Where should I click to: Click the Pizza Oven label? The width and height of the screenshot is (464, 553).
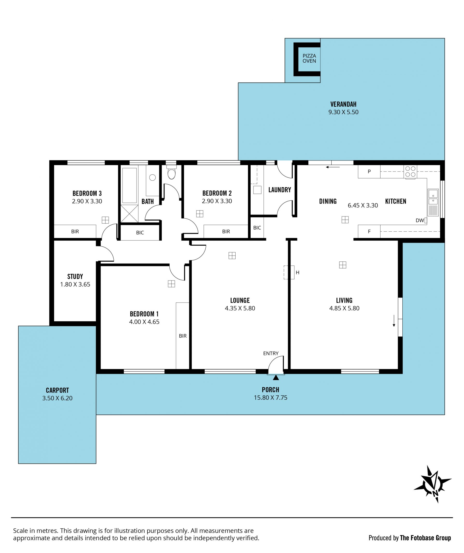point(309,58)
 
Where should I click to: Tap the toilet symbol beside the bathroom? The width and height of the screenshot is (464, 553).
point(171,172)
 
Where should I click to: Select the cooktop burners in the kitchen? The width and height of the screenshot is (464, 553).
point(410,171)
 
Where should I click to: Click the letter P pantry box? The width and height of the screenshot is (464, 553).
point(369,171)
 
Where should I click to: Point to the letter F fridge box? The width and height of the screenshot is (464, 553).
point(369,231)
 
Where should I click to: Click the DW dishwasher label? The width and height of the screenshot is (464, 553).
point(420,221)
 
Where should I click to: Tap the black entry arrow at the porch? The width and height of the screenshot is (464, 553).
point(275,377)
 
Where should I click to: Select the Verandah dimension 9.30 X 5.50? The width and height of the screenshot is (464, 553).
point(343,112)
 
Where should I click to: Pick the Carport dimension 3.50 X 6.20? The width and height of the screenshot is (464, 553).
point(57,398)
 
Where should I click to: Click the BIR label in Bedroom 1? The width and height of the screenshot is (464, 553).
point(183,336)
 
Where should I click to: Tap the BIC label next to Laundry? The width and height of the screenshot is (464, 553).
point(257,228)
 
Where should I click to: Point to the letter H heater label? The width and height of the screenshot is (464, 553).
point(297,272)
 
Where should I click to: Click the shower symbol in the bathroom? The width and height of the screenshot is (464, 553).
point(129,214)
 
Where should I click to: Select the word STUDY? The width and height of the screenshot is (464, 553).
point(75,277)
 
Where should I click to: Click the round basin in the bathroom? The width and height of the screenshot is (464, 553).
point(152,177)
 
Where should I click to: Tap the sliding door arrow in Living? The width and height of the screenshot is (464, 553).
point(394,320)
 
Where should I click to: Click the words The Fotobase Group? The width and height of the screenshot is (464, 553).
point(425,538)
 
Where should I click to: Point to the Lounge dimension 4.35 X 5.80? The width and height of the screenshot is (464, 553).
point(240,308)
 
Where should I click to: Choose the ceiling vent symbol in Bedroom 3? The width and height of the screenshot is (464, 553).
point(105,220)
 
